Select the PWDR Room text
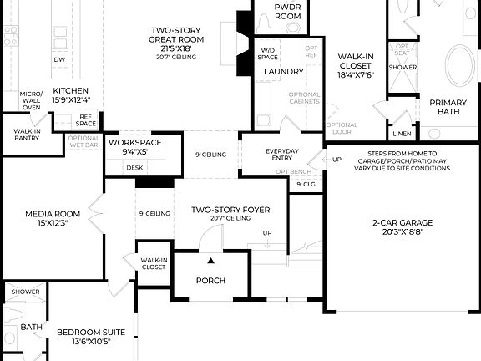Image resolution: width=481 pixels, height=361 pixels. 288,11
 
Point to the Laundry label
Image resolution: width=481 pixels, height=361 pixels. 283,72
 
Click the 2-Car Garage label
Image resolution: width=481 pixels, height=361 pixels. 403,227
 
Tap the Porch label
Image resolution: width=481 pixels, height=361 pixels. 210,281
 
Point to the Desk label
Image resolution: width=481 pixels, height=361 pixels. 135,167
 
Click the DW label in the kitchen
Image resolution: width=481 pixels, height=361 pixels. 59,61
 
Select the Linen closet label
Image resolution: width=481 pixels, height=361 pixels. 402,133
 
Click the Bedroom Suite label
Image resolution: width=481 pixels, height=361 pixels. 84,336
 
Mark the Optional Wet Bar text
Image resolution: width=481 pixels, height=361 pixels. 83,141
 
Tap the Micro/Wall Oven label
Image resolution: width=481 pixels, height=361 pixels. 31,100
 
